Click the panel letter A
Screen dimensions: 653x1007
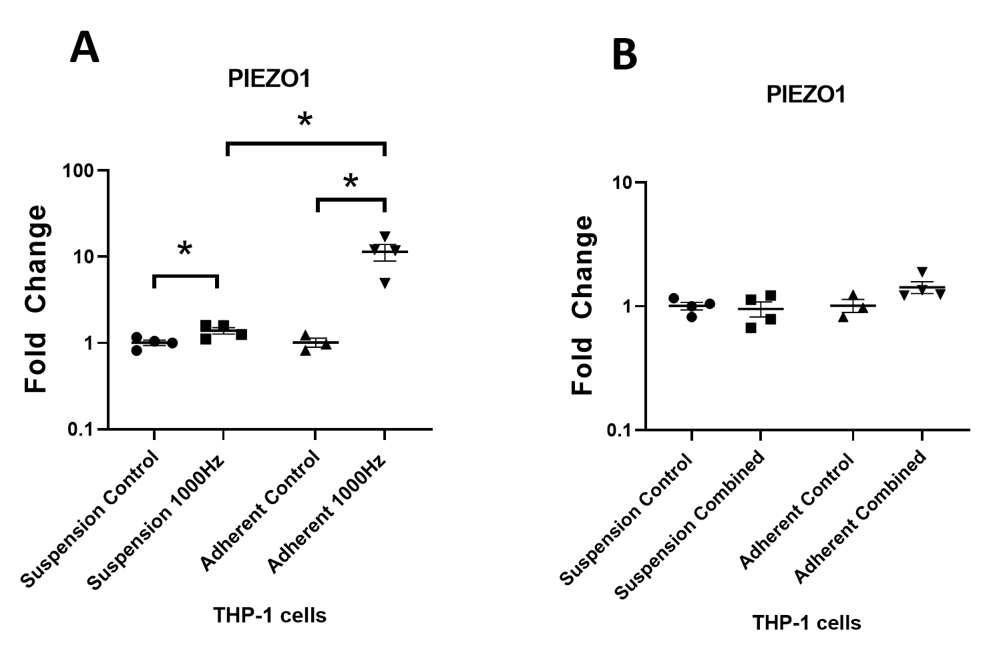85,48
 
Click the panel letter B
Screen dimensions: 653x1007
624,56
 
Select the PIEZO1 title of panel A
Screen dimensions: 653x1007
269,79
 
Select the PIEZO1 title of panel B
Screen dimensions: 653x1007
806,95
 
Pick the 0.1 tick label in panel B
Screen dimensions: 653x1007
622,430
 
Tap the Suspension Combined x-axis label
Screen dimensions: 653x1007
690,525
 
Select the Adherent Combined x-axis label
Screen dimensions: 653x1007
861,517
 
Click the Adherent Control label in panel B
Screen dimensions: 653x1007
797,513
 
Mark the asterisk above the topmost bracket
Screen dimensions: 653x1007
305,121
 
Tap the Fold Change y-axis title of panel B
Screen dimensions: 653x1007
582,305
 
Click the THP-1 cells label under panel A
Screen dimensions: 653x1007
270,615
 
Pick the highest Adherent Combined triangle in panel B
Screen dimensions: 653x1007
922,271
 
